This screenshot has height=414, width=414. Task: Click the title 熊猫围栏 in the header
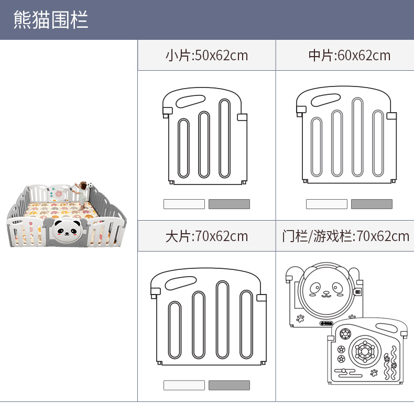pyautogui.click(x=51, y=19)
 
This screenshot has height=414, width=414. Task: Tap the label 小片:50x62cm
pyautogui.click(x=206, y=55)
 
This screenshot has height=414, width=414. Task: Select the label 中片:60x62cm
pyautogui.click(x=350, y=55)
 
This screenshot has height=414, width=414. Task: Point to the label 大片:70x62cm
pyautogui.click(x=206, y=236)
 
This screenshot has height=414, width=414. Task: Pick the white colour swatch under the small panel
pyautogui.click(x=184, y=204)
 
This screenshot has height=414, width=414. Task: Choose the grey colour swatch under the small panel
pyautogui.click(x=229, y=204)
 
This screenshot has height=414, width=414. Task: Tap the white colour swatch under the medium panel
pyautogui.click(x=326, y=204)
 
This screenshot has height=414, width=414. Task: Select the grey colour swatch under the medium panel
pyautogui.click(x=372, y=204)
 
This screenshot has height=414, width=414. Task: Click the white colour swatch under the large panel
pyautogui.click(x=184, y=385)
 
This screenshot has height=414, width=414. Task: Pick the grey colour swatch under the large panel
pyautogui.click(x=229, y=385)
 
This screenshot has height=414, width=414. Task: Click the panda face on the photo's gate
pyautogui.click(x=66, y=229)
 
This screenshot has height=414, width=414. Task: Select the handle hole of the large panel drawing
pyautogui.click(x=179, y=284)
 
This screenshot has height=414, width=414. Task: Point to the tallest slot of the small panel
pyautogui.click(x=225, y=138)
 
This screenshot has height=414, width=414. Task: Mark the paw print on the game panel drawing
pyautogui.click(x=374, y=373)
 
